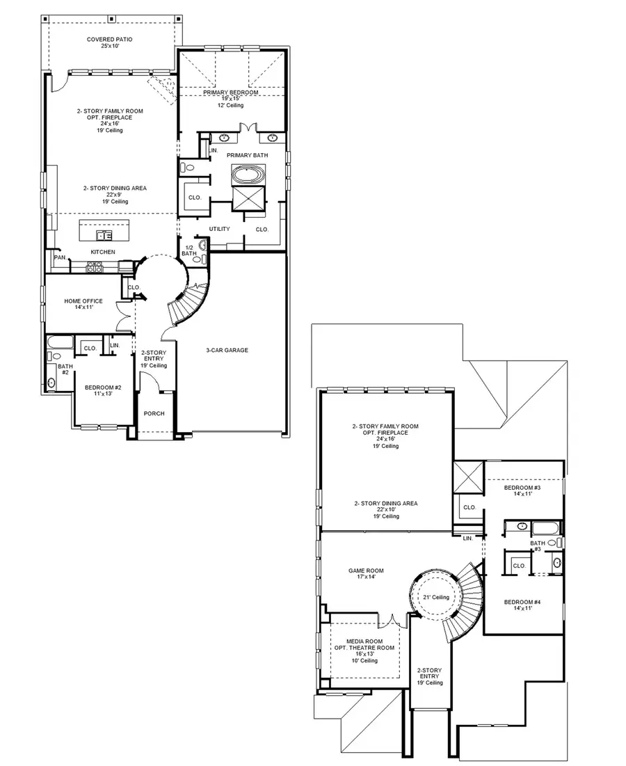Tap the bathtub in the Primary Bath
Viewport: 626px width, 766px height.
pos(248,175)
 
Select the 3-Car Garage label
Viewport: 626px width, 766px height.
pos(227,350)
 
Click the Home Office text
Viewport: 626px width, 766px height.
pos(83,301)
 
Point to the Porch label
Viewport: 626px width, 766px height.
pos(154,413)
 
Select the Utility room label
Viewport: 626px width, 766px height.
pos(219,229)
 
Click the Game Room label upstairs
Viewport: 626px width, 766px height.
pos(366,570)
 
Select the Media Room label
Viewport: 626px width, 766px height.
pos(366,641)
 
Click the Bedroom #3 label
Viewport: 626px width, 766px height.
pos(522,488)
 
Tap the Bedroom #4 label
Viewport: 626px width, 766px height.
pos(522,601)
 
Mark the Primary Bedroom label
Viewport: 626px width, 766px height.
pos(231,93)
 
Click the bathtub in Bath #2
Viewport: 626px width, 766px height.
pos(61,342)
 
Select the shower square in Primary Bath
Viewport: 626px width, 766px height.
pos(248,199)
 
